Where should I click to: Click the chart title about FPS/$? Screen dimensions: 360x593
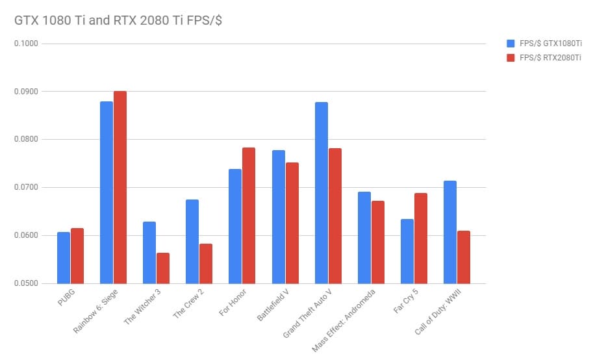coord(119,20)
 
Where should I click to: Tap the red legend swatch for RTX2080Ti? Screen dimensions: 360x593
coord(511,58)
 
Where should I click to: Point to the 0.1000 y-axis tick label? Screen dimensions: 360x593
coord(27,44)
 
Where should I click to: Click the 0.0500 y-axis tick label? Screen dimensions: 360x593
coord(27,283)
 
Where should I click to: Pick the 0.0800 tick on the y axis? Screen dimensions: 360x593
coord(27,140)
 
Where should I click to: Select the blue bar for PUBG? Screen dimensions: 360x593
coord(64,257)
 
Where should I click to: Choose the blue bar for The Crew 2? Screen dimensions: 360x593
coord(192,241)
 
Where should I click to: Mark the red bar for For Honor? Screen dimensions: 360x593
coord(249,215)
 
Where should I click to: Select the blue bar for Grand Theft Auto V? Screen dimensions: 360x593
coord(322,192)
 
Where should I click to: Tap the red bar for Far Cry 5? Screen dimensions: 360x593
coord(421,238)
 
